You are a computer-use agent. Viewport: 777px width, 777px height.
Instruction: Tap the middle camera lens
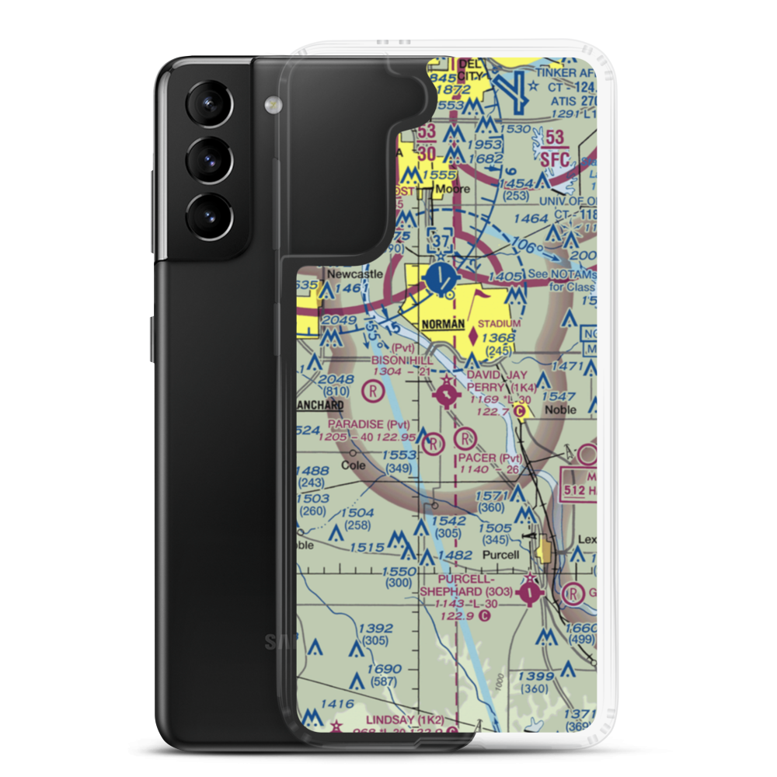click(x=207, y=161)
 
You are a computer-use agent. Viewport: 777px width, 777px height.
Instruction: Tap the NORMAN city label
click(x=443, y=323)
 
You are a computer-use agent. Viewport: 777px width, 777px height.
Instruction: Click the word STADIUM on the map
click(x=499, y=322)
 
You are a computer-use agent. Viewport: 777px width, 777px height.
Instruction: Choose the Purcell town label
click(x=500, y=555)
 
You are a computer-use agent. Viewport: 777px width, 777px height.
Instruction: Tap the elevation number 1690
click(x=385, y=669)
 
